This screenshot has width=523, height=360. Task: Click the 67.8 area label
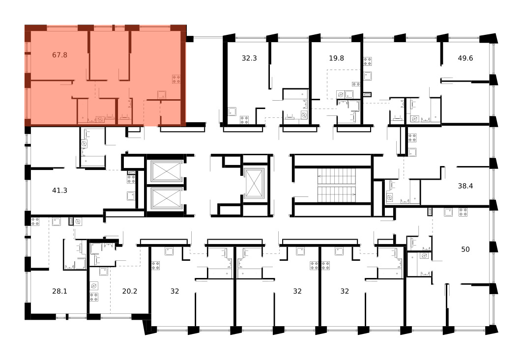[59, 55]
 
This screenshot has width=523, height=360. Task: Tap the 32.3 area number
[249, 58]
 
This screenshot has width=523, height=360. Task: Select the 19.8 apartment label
[336, 58]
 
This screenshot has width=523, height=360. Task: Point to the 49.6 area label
[465, 58]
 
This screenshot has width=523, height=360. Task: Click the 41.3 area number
[59, 191]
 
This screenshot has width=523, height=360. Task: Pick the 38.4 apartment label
[465, 186]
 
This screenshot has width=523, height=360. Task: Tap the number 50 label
[465, 249]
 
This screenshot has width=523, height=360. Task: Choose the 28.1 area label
[59, 291]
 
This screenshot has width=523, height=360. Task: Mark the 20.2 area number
[129, 291]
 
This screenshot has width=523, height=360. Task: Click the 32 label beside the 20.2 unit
[175, 291]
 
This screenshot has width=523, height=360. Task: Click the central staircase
[337, 185]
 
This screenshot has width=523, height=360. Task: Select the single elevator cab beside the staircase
[254, 183]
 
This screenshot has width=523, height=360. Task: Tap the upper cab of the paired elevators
[166, 171]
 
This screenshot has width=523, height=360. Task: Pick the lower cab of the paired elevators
[166, 199]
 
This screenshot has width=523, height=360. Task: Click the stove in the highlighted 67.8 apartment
[176, 79]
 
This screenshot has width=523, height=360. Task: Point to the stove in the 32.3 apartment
[244, 120]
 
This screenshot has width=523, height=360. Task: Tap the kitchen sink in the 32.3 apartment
[232, 111]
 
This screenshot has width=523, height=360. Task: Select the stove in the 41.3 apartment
[131, 179]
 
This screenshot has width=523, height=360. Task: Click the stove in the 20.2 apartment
[94, 297]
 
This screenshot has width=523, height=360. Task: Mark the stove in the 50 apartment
[463, 212]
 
